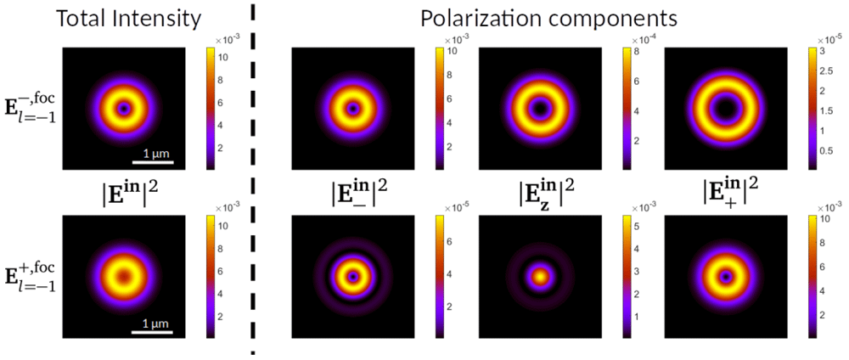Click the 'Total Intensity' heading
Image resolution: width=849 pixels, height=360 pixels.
129,20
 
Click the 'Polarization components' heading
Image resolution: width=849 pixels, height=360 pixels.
549,20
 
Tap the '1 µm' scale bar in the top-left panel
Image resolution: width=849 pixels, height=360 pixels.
153,162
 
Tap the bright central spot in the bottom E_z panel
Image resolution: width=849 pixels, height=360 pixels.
540,277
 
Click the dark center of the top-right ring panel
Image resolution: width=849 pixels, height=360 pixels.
726,109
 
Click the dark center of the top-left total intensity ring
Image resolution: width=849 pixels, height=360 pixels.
125,109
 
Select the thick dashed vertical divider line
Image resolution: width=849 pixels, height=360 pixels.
253,178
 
